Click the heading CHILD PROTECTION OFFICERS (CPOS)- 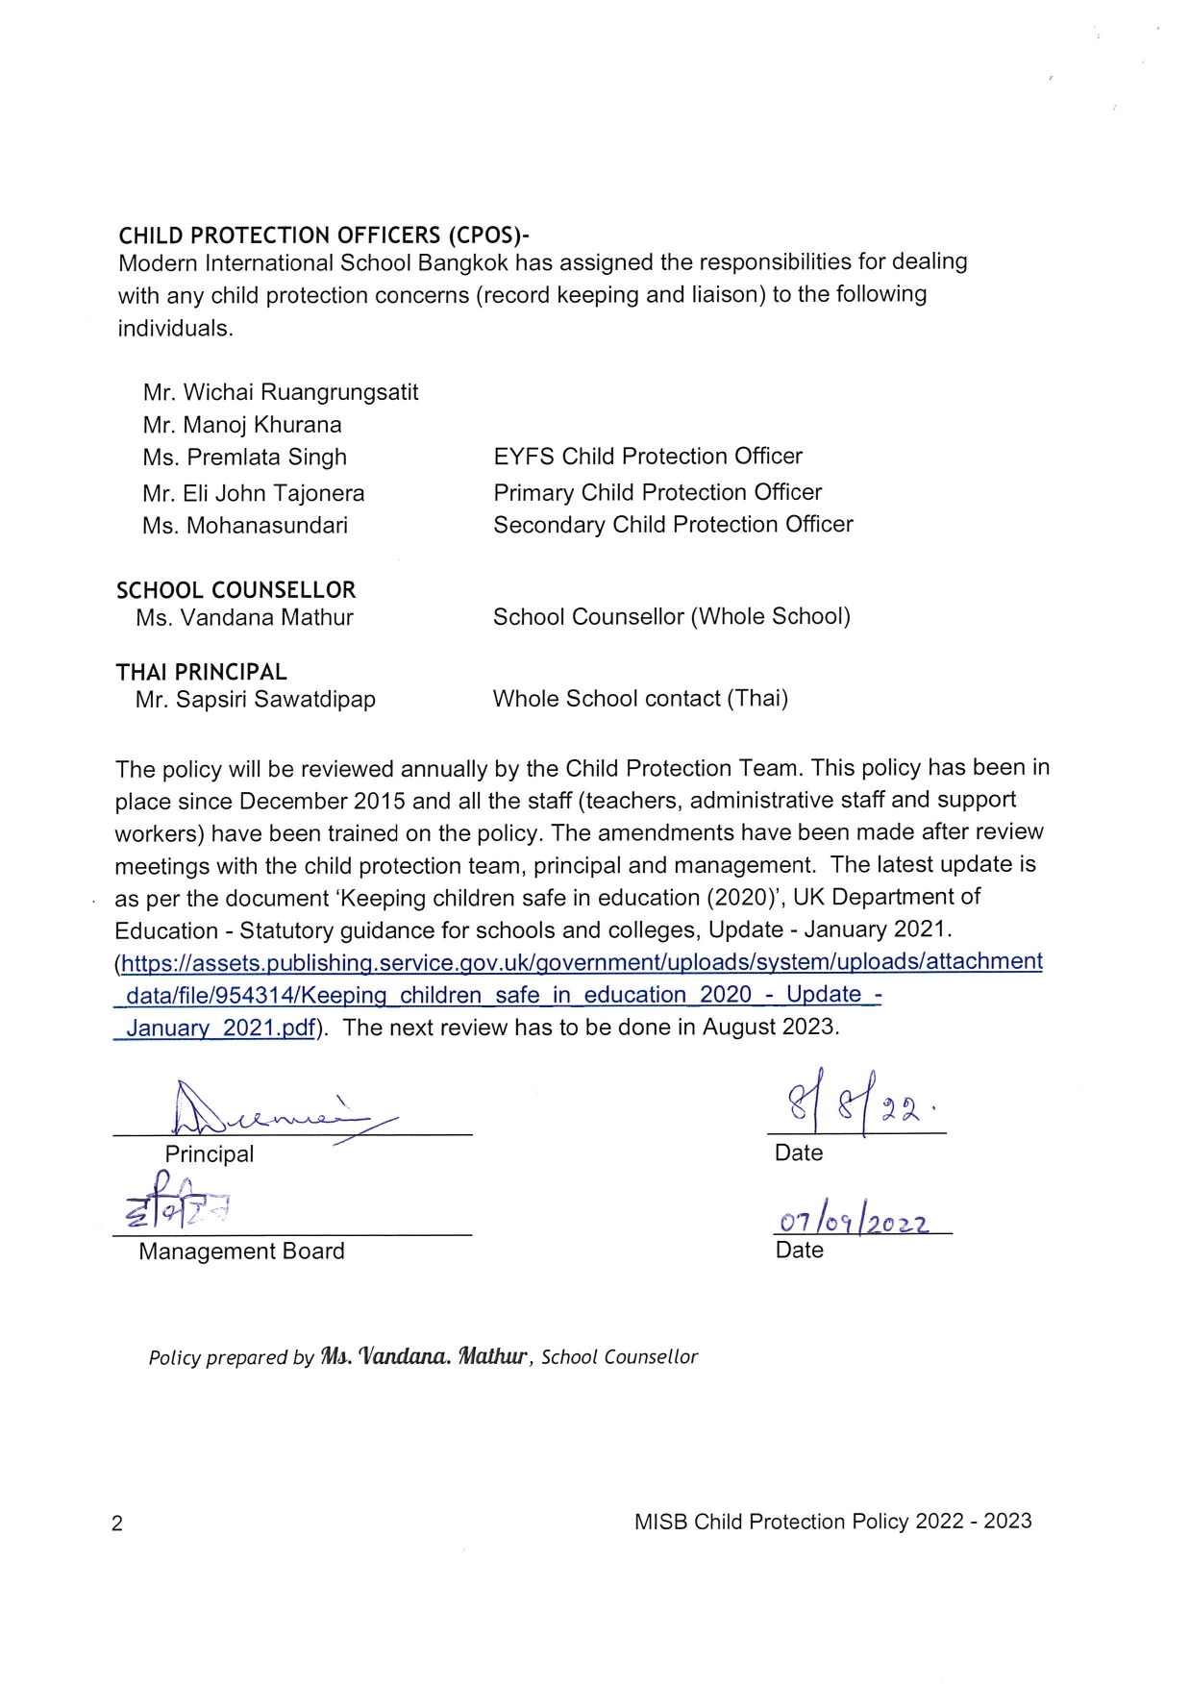click(324, 235)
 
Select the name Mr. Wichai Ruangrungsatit click(281, 392)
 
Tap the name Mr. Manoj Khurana click(242, 425)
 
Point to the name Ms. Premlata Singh click(244, 458)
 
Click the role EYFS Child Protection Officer click(648, 456)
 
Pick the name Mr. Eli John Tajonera click(254, 493)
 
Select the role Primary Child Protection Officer click(657, 492)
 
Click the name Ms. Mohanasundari click(245, 526)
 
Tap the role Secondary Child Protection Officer click(673, 525)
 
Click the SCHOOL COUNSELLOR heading click(236, 590)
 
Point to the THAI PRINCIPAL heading click(202, 672)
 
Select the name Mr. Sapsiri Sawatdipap click(256, 700)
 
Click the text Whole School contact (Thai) click(640, 699)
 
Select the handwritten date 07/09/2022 click(855, 1221)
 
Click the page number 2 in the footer click(117, 1524)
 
